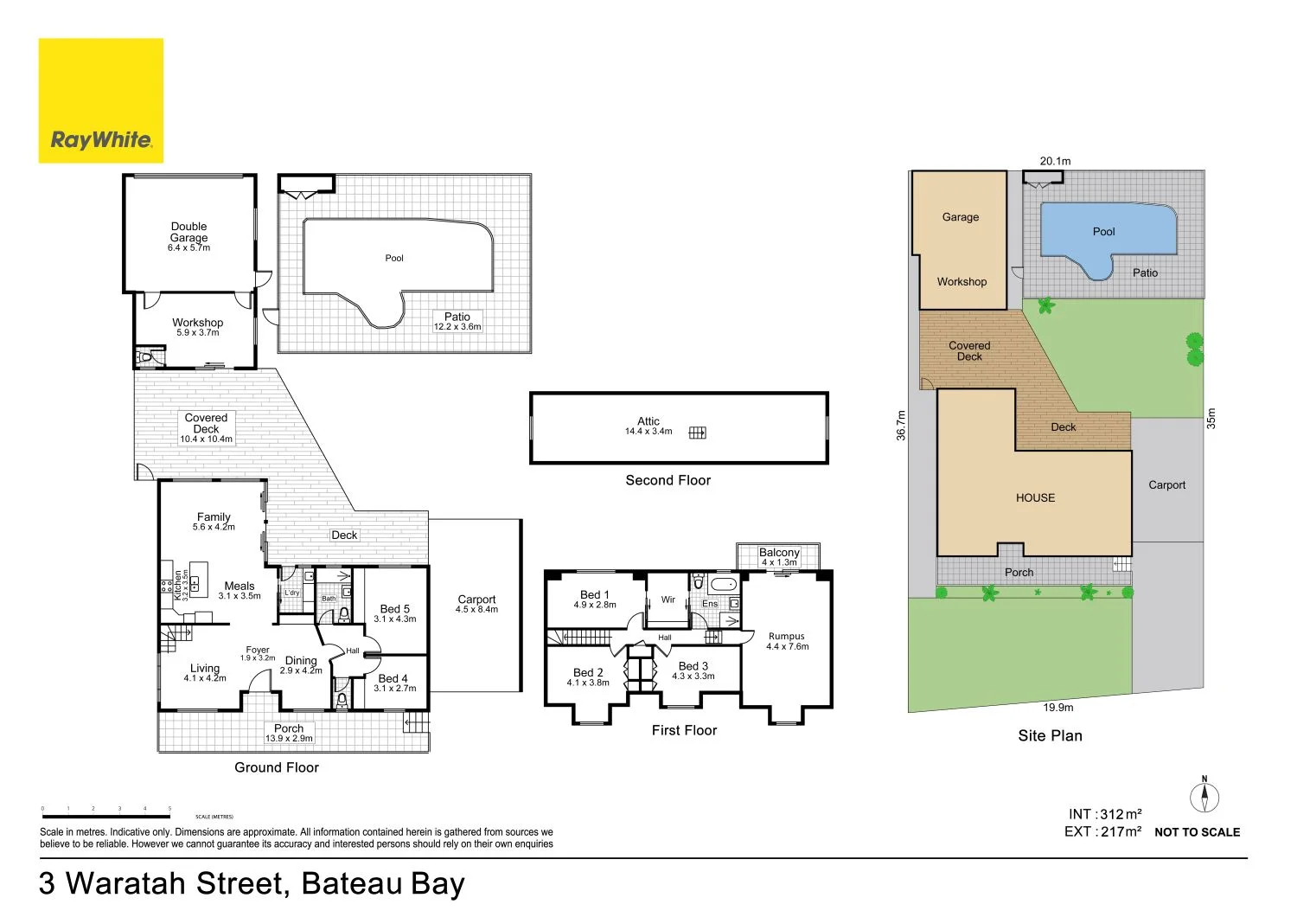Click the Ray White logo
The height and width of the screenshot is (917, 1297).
tap(101, 100)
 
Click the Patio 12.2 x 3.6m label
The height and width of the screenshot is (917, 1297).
tap(457, 321)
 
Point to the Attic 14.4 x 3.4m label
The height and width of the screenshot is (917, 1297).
tap(648, 426)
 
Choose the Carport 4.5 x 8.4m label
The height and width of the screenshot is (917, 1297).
tap(476, 604)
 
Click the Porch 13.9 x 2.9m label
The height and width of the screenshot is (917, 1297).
tap(289, 733)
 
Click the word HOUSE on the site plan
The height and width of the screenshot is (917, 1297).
tap(1035, 498)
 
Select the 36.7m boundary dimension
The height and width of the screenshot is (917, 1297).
tap(901, 426)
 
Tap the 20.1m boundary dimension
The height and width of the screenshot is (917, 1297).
tap(1055, 161)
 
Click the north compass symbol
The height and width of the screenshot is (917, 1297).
tap(1204, 796)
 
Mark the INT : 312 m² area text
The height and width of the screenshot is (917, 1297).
tap(1105, 814)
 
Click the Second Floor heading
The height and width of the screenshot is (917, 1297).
tap(668, 480)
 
